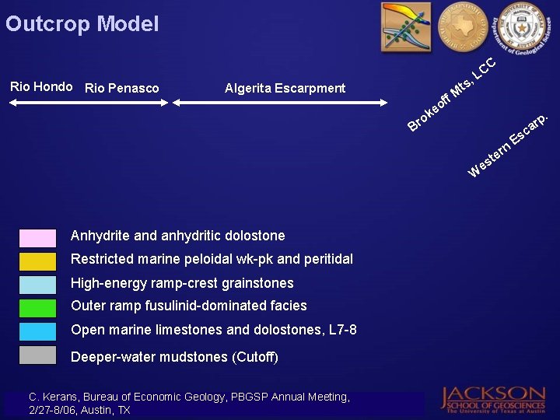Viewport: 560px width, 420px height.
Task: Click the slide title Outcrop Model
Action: coord(82,24)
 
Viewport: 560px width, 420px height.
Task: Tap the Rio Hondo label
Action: coord(41,87)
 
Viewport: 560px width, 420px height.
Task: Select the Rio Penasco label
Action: coord(121,88)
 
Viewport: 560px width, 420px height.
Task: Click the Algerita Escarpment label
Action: coord(285,88)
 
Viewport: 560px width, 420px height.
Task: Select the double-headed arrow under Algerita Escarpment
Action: coord(279,103)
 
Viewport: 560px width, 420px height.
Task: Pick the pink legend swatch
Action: coord(37,238)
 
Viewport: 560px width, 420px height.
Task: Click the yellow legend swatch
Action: coord(37,261)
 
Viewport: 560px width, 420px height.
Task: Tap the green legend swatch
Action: coord(37,308)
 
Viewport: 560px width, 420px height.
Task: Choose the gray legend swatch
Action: coord(37,355)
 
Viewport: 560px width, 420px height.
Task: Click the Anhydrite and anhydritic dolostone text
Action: coord(177,236)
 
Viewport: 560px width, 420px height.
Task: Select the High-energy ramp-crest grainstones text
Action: coord(182,283)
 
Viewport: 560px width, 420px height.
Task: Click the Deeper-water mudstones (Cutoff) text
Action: coord(174,357)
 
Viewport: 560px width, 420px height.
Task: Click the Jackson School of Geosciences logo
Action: coord(494,398)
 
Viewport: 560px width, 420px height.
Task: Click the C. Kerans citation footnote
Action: coord(189,403)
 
